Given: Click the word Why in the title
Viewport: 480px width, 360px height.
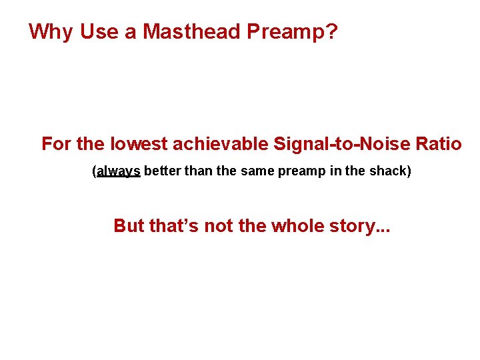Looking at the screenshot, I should [x=51, y=32].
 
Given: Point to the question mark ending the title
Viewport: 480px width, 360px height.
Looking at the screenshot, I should [x=331, y=32].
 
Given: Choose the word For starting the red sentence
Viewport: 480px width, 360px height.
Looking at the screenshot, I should [x=56, y=144].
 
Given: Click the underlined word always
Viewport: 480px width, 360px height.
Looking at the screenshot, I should [x=118, y=171].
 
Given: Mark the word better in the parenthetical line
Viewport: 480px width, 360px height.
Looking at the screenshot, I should [x=162, y=171].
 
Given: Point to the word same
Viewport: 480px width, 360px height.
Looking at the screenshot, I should [x=255, y=171].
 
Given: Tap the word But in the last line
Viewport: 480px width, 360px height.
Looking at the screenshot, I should [x=129, y=226].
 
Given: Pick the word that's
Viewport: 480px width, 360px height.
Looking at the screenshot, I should [x=173, y=226].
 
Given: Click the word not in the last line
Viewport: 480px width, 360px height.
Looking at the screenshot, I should [x=219, y=226].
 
